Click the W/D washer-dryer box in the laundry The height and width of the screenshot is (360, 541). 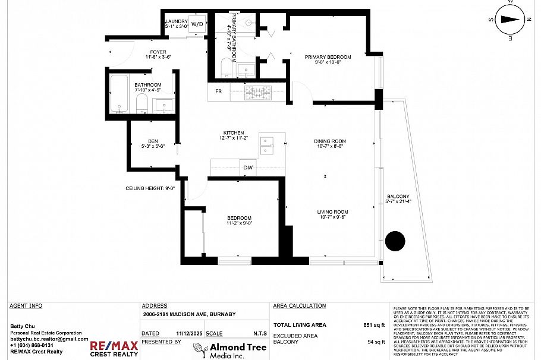tap(197, 24)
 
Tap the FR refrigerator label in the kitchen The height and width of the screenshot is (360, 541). tap(218, 91)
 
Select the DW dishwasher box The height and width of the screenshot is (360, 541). tap(248, 168)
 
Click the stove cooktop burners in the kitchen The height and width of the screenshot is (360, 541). tap(258, 91)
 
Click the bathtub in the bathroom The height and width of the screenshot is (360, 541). tap(119, 94)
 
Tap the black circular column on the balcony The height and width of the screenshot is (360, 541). tap(395, 241)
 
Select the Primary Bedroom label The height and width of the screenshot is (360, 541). tap(328, 57)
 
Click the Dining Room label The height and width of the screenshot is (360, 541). tap(330, 141)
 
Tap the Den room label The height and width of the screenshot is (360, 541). tap(153, 141)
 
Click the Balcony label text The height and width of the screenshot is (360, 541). tap(398, 197)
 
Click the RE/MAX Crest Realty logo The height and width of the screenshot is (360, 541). tap(114, 349)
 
